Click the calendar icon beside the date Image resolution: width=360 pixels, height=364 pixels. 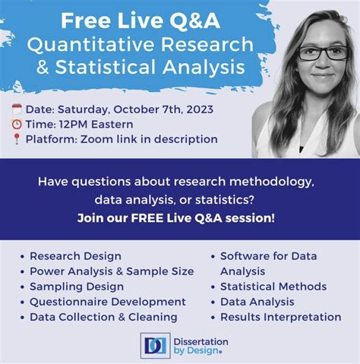(x=17, y=108)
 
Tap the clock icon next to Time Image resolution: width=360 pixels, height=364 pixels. (x=17, y=123)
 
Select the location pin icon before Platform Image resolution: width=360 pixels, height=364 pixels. (x=17, y=139)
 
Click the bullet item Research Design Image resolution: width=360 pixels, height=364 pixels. (x=75, y=256)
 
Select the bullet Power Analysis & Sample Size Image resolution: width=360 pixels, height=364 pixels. (x=111, y=271)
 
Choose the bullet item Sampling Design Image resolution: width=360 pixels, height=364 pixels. (x=76, y=286)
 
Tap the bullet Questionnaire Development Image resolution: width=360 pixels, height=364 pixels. (x=107, y=302)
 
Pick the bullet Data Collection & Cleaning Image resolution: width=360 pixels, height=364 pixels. (x=103, y=317)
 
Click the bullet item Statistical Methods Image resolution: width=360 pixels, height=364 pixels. (x=273, y=286)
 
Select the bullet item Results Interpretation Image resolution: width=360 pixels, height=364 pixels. (x=280, y=317)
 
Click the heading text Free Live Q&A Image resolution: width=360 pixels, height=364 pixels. (x=136, y=17)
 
